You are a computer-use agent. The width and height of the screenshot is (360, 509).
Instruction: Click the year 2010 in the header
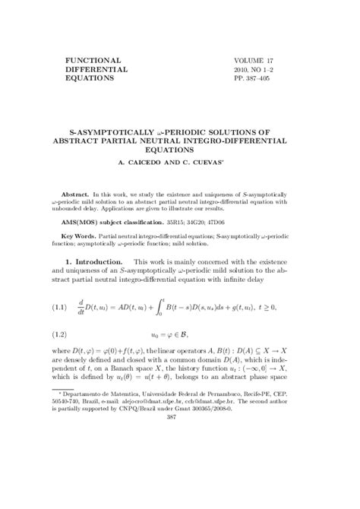[242, 68]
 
